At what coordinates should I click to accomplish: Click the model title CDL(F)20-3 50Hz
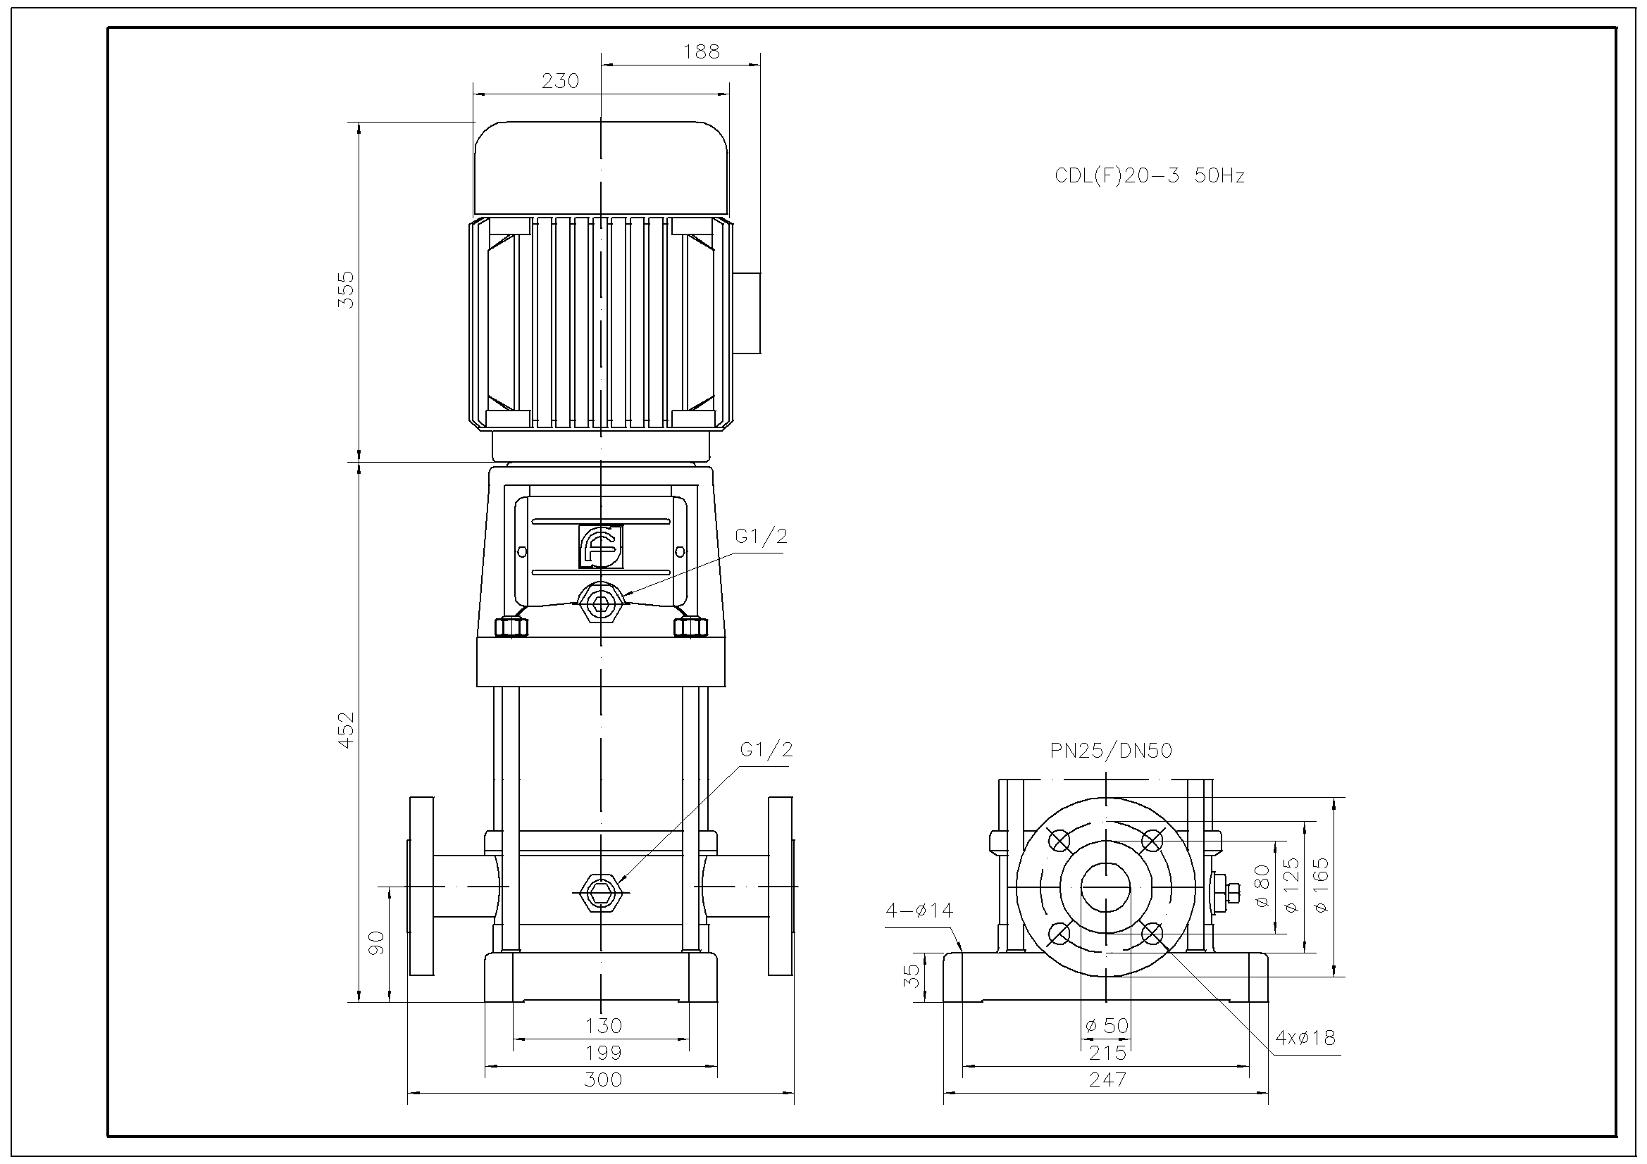click(1149, 176)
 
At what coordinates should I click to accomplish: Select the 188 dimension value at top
click(701, 51)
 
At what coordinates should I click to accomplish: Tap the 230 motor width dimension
click(560, 81)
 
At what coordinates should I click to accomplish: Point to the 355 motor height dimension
click(346, 289)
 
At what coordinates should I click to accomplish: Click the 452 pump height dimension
click(346, 730)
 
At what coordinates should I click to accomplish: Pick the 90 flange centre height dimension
click(376, 943)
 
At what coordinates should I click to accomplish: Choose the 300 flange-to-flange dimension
click(602, 1079)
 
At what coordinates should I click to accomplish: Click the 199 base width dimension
click(602, 1053)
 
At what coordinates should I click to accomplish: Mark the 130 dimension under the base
click(602, 1025)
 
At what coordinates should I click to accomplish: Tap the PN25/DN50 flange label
click(1110, 750)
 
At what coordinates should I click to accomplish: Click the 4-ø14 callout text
click(919, 910)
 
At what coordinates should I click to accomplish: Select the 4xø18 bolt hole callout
click(1305, 1038)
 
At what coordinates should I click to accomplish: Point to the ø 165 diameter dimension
click(1322, 885)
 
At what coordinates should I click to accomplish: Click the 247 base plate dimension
click(1107, 1079)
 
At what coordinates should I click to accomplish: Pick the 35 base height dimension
click(911, 975)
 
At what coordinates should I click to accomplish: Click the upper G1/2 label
click(761, 536)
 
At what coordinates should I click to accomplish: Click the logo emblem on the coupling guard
click(600, 546)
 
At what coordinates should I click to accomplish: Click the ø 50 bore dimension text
click(1107, 1025)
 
